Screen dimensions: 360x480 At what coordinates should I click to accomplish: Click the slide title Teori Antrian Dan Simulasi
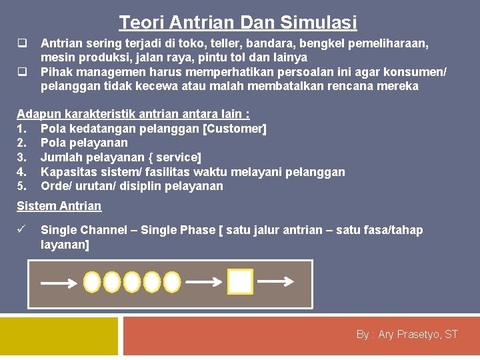[x=238, y=23]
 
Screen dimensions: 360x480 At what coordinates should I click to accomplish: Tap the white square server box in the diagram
[x=240, y=282]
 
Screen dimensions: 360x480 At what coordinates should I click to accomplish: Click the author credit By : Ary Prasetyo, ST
[x=407, y=334]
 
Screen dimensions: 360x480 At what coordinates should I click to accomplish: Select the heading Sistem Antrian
[x=59, y=206]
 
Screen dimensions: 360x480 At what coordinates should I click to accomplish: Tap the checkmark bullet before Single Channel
[x=21, y=230]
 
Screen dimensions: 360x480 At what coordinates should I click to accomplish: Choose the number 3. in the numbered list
[x=22, y=157]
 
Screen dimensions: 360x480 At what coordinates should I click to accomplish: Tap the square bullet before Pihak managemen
[x=21, y=71]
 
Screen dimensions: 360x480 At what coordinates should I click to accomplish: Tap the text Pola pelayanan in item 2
[x=84, y=143]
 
